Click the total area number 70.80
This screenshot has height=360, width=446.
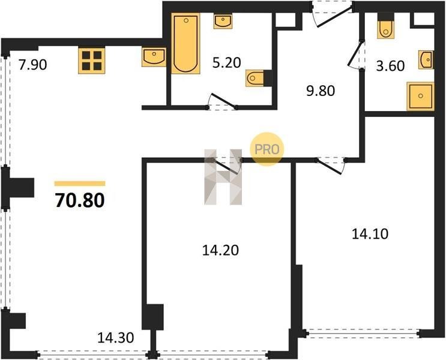[80, 200]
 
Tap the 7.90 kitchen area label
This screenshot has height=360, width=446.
[32, 65]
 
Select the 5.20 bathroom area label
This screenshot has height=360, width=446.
[227, 62]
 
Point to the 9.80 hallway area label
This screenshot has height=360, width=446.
[321, 91]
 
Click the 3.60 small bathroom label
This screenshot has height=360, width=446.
[390, 66]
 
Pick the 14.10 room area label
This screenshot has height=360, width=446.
[370, 234]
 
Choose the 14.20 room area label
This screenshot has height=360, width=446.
[220, 251]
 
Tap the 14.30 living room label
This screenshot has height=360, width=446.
[115, 338]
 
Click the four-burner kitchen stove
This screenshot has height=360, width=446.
[92, 61]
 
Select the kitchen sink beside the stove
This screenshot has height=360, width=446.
[154, 57]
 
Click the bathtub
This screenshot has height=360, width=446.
[185, 43]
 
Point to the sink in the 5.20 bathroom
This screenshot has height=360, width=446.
[223, 22]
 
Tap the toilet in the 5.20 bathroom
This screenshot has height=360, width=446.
[256, 78]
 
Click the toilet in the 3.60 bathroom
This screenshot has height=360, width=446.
[386, 29]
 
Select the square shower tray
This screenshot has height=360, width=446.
[420, 96]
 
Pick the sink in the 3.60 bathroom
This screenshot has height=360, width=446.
[426, 60]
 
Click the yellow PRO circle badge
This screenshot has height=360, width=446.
[267, 149]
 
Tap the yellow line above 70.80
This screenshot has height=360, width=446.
[80, 184]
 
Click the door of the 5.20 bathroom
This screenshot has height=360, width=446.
[223, 101]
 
